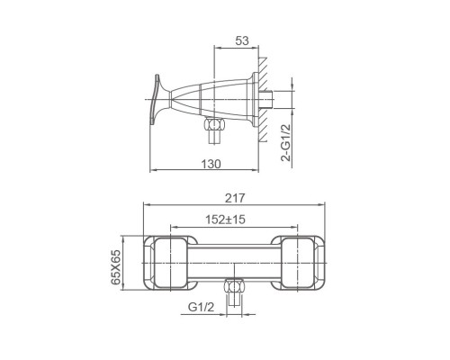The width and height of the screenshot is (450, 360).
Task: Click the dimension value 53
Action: (242, 40)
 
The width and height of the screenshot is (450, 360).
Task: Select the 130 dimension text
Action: (211, 164)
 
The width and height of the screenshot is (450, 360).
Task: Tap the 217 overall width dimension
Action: (235, 198)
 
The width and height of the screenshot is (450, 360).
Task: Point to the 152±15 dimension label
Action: (225, 220)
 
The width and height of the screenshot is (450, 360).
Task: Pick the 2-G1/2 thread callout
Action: (286, 143)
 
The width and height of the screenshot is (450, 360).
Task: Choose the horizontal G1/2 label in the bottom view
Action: (202, 307)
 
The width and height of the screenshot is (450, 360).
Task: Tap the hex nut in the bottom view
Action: (234, 285)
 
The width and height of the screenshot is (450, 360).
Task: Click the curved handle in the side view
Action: (155, 99)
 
